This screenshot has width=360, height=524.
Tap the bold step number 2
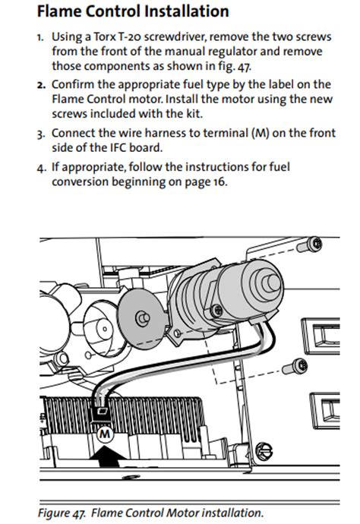[x=39, y=85]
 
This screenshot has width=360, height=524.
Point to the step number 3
[x=39, y=134]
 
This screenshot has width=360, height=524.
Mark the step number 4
[x=39, y=166]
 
